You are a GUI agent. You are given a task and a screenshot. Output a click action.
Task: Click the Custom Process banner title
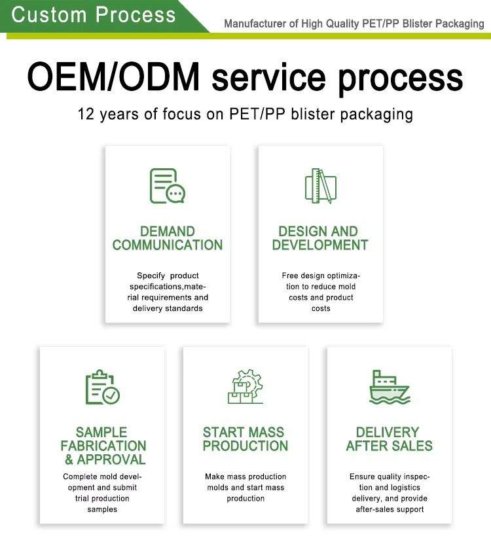94,15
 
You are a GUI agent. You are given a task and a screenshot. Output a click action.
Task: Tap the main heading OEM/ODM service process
245,77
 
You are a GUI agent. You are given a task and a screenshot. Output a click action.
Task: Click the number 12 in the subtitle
86,115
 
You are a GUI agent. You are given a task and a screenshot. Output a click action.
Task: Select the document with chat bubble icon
168,186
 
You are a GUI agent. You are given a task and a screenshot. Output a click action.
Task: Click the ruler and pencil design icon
321,186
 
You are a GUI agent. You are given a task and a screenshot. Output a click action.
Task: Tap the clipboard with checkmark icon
103,387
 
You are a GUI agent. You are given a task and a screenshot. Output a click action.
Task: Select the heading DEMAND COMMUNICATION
168,238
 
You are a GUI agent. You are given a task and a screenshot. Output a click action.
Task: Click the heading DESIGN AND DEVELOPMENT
320,238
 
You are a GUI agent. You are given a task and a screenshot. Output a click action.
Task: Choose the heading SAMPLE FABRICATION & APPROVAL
103,446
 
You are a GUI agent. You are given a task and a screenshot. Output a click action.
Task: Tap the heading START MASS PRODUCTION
245,439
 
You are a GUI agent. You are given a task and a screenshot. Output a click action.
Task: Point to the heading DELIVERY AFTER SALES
390,439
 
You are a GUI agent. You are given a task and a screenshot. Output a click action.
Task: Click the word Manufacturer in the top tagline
255,24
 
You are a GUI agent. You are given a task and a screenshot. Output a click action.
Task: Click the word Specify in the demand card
151,276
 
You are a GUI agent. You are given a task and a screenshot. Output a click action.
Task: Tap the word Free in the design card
290,276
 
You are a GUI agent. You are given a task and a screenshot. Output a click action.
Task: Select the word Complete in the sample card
81,477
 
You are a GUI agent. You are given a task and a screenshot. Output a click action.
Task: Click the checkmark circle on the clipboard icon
111,395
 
